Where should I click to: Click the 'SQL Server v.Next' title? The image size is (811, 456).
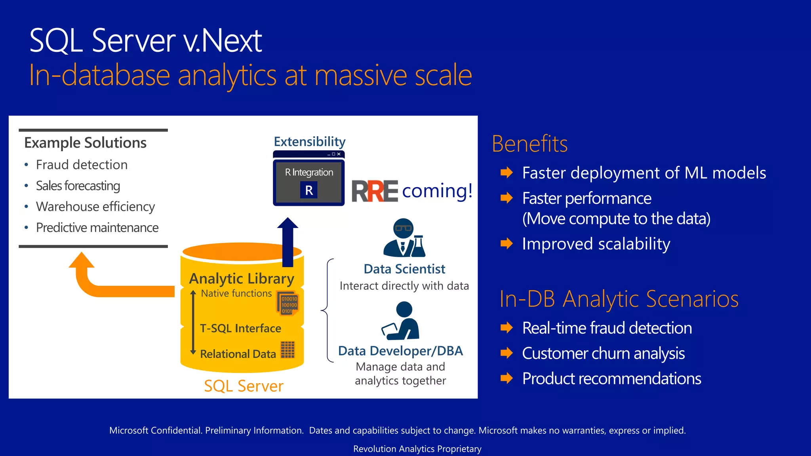145,40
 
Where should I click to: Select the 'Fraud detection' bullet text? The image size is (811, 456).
82,165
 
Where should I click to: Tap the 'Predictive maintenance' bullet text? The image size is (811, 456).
97,228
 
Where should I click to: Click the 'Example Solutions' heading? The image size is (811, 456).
85,142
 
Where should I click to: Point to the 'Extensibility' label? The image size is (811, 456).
309,141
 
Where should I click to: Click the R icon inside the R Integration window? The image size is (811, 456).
309,190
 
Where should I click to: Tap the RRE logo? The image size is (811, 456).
375,191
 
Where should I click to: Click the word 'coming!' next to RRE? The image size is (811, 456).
437,191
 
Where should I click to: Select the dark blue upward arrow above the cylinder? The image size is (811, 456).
288,241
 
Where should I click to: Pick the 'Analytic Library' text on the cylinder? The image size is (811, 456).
242,279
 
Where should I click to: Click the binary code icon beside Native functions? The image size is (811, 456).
288,304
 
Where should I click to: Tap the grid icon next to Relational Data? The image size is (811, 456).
288,350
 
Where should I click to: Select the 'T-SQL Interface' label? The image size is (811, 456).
240,328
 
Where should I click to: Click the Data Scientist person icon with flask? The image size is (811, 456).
404,238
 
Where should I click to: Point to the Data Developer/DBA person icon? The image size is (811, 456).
402,321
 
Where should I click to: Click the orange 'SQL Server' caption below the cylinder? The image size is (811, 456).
244,386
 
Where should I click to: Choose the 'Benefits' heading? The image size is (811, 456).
529,144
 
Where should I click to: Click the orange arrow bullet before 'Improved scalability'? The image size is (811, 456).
506,243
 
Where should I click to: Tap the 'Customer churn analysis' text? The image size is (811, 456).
603,353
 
